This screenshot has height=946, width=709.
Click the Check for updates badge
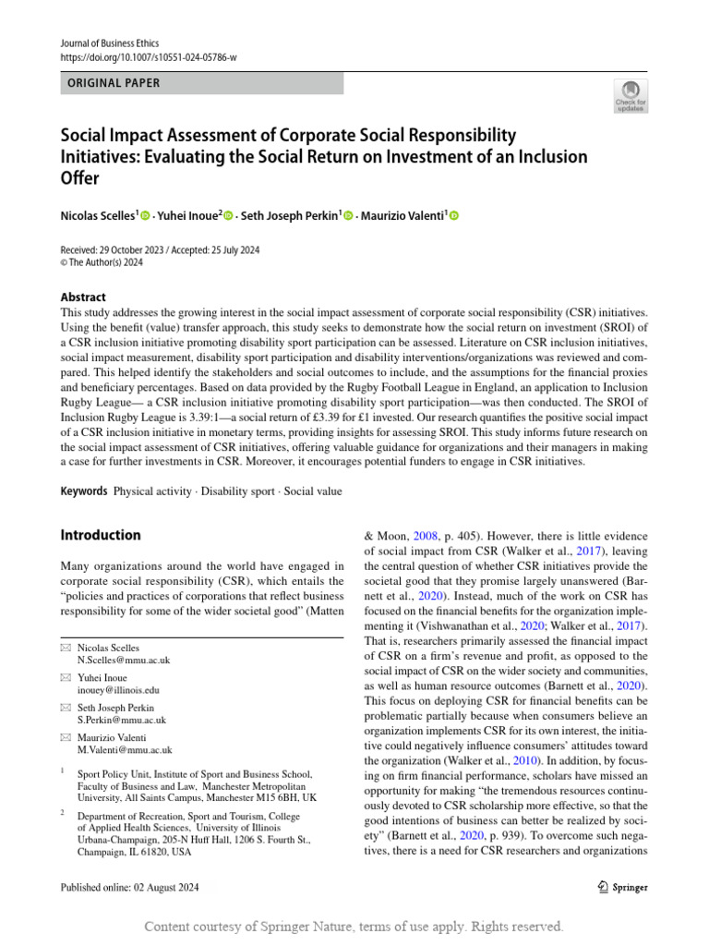tap(631, 94)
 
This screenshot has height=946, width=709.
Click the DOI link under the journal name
tap(149, 57)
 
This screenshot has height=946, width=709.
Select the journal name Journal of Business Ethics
tap(109, 43)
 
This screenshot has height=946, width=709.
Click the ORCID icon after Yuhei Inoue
tap(228, 216)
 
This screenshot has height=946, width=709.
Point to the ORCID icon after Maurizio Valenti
tap(453, 216)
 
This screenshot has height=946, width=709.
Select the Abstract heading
tap(83, 297)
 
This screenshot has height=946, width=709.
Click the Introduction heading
tap(101, 535)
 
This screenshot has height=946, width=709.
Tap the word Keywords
tap(84, 491)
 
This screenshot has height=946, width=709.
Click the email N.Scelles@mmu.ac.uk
tap(124, 661)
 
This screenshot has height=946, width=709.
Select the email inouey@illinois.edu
tap(118, 690)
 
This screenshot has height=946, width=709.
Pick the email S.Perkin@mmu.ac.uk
tap(122, 720)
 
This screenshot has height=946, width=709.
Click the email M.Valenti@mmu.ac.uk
tap(125, 750)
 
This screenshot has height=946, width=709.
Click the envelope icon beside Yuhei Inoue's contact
tap(65, 676)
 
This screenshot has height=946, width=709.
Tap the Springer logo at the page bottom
tap(618, 887)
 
